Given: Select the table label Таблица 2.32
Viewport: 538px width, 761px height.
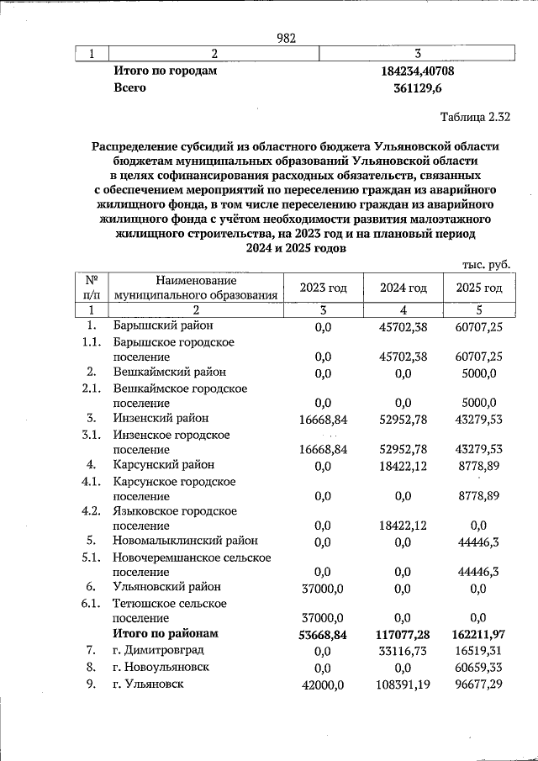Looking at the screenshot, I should point(475,115).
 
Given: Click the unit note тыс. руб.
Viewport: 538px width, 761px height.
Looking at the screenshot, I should point(487,264).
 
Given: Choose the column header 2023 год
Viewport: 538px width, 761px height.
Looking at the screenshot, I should point(324,288).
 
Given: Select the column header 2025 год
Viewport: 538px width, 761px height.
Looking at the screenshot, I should point(478,288).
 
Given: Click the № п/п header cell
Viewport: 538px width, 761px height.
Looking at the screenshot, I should point(92,288).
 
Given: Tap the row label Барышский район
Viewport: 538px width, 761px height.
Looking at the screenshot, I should point(163,325).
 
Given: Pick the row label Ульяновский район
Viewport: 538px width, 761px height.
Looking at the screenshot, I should point(168,587).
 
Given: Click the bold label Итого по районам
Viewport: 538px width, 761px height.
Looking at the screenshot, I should point(166,633).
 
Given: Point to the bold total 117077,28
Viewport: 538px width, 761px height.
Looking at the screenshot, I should point(403,634).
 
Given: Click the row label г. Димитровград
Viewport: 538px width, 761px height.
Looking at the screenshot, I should point(158,650).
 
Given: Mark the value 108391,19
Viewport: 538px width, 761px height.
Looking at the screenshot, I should point(403,685).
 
